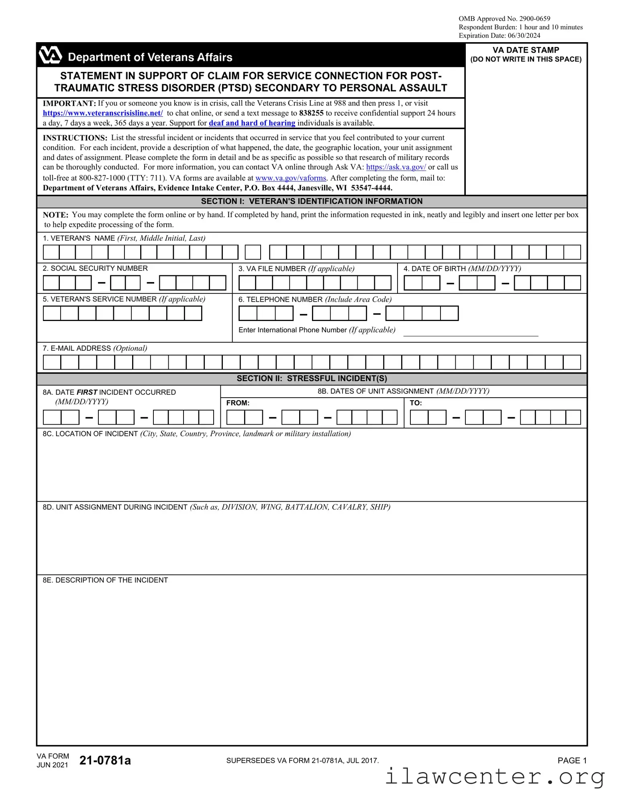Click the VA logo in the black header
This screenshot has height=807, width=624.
tap(50, 55)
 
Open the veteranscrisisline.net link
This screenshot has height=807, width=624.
tap(103, 113)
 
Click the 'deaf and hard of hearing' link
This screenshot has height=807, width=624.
tap(252, 123)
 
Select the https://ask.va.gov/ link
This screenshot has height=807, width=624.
tap(396, 167)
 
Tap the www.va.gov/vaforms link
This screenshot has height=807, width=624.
tap(291, 178)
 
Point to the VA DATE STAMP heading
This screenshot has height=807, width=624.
tap(526, 50)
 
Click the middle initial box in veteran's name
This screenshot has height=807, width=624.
tap(253, 252)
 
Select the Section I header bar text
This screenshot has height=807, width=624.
tap(312, 201)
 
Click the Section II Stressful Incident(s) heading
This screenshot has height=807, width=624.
tap(312, 378)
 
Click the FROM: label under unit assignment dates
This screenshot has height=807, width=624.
tap(238, 403)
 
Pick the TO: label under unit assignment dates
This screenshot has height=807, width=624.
tap(416, 403)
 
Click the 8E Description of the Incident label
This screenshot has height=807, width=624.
tap(105, 580)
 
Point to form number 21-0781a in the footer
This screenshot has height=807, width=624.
tap(105, 760)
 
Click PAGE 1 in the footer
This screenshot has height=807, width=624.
tap(572, 760)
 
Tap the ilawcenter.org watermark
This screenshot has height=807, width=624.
tap(495, 777)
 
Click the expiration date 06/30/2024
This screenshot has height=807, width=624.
tap(524, 36)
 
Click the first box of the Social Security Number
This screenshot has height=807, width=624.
tap(51, 283)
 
